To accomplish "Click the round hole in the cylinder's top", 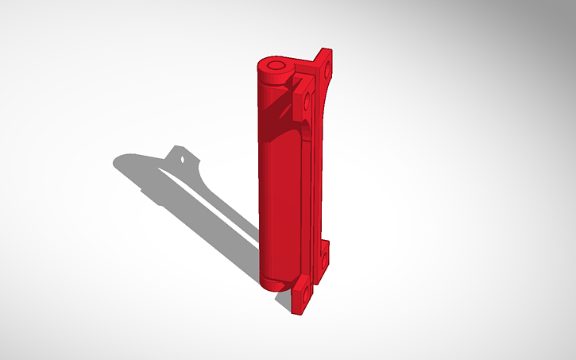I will coord(276,64).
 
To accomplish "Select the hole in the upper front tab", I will coord(306,101).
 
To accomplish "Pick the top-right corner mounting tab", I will coord(324,64).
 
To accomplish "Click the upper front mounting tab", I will coord(304,95).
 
